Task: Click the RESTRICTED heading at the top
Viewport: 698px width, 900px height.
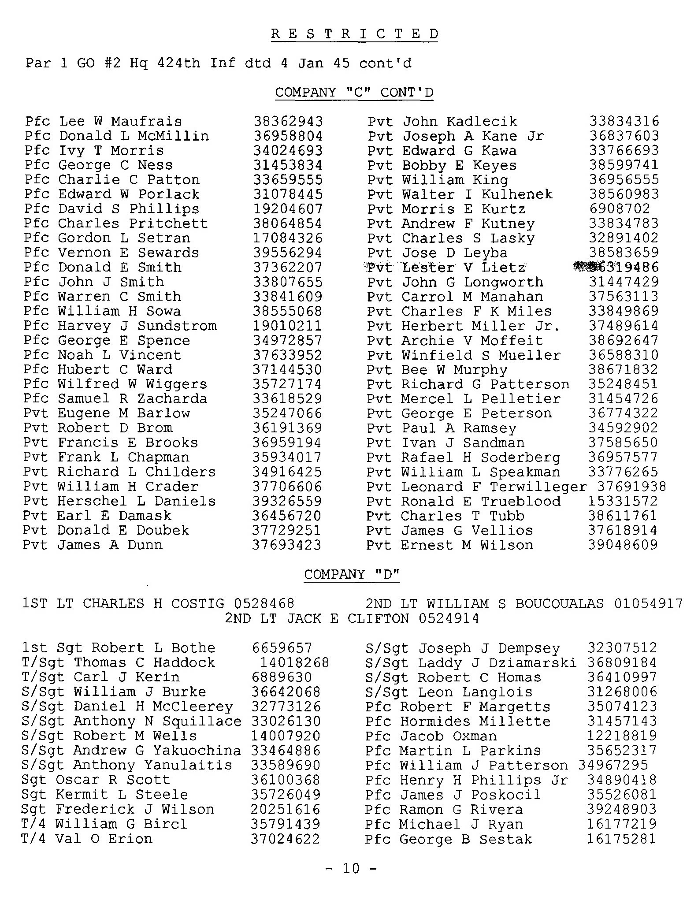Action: point(355,34)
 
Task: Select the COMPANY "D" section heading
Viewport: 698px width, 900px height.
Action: point(352,574)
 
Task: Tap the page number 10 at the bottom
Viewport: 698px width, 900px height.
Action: point(351,868)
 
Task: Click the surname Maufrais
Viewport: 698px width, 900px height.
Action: point(146,121)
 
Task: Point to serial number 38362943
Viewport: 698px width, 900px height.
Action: point(288,121)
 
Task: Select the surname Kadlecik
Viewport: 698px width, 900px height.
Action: point(482,121)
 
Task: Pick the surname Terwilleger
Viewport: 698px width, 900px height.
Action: point(538,487)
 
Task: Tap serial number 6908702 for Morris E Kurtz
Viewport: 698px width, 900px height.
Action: point(620,209)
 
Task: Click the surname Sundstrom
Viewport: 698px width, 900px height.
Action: point(177,326)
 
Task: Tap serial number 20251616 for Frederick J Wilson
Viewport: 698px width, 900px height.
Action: point(286,809)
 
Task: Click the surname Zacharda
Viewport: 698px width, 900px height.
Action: point(172,398)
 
